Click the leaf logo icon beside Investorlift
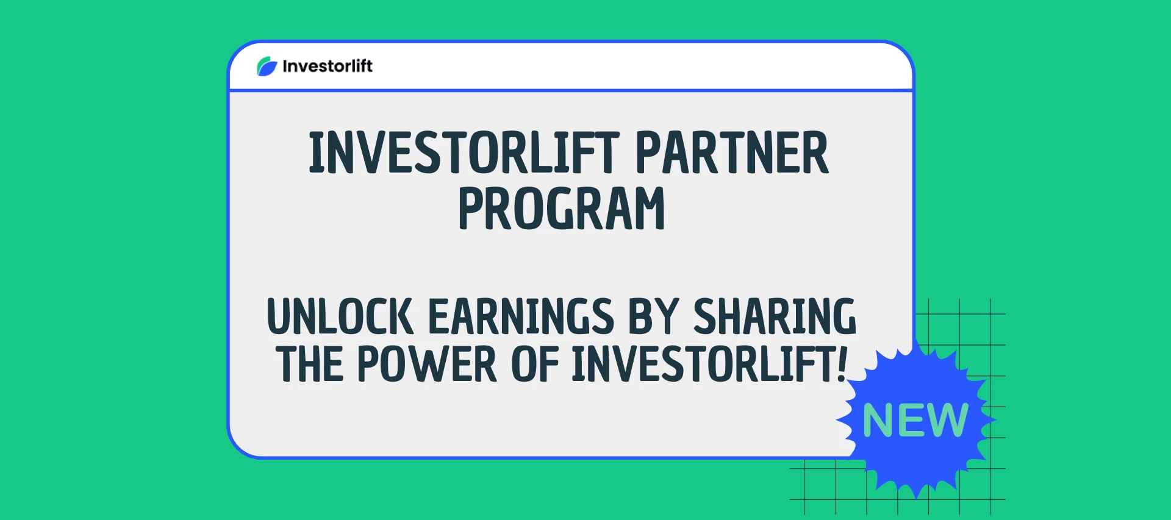(267, 66)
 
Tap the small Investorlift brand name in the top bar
(328, 66)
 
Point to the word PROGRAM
(561, 209)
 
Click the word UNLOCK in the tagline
(340, 317)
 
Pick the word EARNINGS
(521, 317)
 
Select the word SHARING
(775, 317)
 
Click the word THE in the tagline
(309, 365)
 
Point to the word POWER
(427, 365)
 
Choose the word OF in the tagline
(535, 365)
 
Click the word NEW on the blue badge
(915, 421)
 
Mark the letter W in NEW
(947, 421)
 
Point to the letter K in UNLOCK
(400, 317)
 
